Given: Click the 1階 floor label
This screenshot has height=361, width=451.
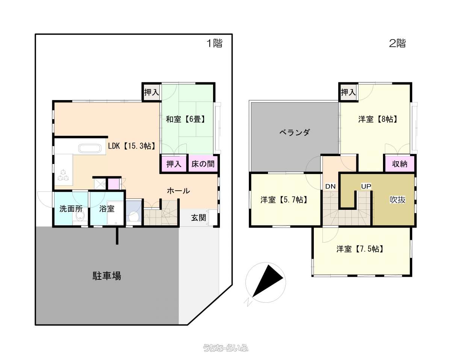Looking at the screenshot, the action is click(214, 43).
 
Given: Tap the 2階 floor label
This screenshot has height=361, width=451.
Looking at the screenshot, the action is click(397, 43).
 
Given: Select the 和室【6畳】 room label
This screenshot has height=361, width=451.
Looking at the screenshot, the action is click(185, 119).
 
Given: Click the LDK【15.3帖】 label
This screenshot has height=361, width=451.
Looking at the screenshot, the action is click(132, 146).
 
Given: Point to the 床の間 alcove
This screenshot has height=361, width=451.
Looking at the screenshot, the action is click(203, 164).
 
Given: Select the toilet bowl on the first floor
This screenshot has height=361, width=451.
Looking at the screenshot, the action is click(133, 216).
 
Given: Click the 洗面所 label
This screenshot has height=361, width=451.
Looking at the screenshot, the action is click(71, 209).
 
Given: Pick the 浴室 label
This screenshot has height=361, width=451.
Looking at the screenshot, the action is click(107, 209).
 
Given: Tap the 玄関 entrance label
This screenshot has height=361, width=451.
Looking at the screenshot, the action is click(198, 218).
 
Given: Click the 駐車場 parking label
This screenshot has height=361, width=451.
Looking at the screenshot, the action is click(107, 276).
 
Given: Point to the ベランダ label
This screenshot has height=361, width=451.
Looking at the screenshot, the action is click(295, 132).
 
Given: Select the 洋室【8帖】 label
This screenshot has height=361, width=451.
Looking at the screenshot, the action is click(378, 119).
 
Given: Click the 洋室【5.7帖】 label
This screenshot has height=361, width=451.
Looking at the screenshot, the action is click(284, 200).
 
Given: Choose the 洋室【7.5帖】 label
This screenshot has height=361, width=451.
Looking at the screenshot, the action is click(360, 249).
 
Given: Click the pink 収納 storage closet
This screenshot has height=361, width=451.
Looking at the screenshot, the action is click(400, 164).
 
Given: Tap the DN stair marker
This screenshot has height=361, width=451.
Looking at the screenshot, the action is click(330, 186).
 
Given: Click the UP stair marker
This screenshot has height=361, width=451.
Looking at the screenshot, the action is click(366, 186).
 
